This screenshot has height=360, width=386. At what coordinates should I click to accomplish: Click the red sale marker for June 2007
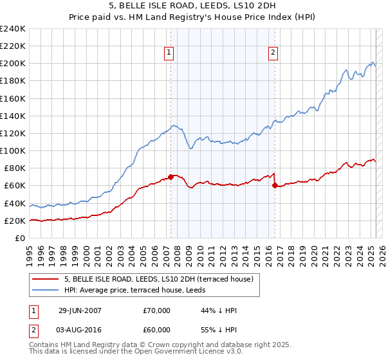pyautogui.click(x=170, y=176)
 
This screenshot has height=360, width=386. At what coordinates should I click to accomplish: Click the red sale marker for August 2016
pyautogui.click(x=275, y=185)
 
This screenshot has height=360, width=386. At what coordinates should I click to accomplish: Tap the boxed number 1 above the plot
pyautogui.click(x=169, y=53)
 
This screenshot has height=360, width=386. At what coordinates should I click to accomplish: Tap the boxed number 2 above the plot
pyautogui.click(x=273, y=53)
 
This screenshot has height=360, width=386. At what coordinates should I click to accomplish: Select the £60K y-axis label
pyautogui.click(x=15, y=186)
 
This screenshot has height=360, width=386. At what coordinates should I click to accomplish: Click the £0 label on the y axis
pyautogui.click(x=20, y=238)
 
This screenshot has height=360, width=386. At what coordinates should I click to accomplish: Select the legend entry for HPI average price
pyautogui.click(x=138, y=291)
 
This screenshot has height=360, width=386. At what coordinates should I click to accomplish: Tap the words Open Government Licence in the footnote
pyautogui.click(x=170, y=353)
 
